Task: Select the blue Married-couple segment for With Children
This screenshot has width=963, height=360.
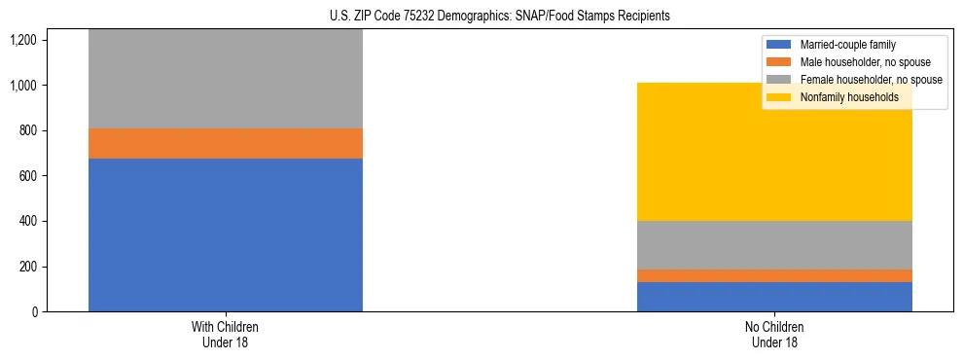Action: pos(226,234)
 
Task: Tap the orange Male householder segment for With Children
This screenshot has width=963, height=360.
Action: pos(226,143)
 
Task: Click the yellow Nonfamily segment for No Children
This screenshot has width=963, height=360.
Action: pos(774,152)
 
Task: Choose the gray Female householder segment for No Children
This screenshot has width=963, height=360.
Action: pos(774,245)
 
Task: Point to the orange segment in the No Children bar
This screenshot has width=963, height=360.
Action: pos(774,275)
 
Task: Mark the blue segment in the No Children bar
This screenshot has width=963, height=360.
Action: pos(774,297)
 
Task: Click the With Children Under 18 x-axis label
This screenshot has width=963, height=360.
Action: pos(226,334)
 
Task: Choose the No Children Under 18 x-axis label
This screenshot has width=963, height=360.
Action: pos(774,334)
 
